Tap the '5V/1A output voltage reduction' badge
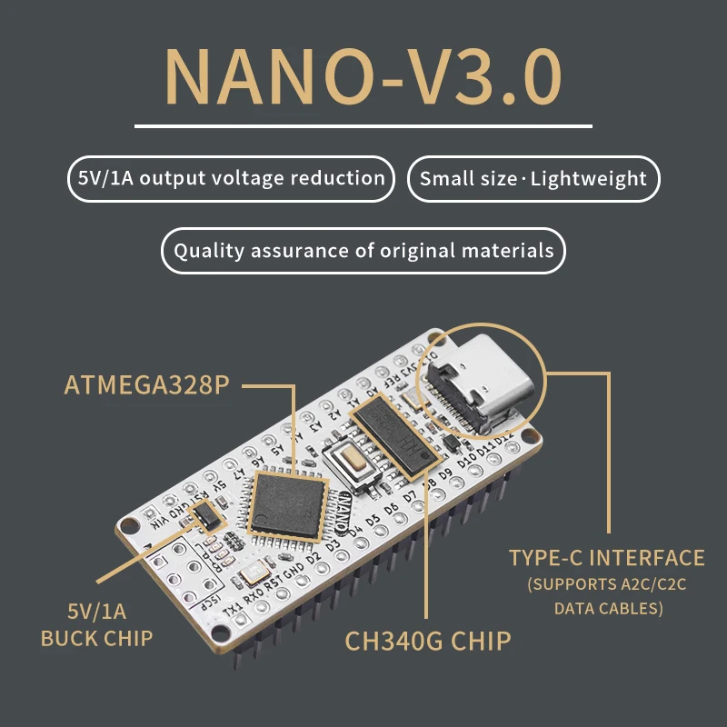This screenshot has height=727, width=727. tap(231, 178)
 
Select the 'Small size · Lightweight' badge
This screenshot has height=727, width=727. tap(533, 178)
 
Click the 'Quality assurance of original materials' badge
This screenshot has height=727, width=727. tap(363, 250)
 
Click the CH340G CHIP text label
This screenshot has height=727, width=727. tap(428, 641)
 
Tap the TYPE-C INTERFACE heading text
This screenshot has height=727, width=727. tap(606, 558)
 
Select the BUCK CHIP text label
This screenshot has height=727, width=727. tap(96, 638)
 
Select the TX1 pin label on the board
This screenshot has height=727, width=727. tap(233, 606)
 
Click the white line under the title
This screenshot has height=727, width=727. tap(363, 125)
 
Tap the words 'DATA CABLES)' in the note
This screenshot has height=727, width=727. tap(608, 608)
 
